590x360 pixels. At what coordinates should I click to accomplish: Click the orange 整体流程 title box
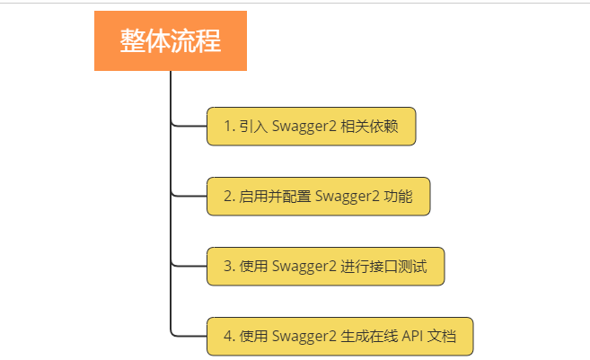[x=170, y=40]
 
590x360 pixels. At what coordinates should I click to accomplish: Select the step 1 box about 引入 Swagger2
[x=312, y=127]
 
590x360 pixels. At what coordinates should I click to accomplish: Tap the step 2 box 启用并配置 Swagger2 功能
[x=319, y=197]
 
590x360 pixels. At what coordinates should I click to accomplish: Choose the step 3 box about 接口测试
[x=325, y=267]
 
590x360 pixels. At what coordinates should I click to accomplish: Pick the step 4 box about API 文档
[x=339, y=337]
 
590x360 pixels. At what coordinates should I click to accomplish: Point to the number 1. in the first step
[x=229, y=127]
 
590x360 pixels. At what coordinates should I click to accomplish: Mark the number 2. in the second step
[x=229, y=197]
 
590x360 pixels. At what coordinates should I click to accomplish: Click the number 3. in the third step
[x=229, y=267]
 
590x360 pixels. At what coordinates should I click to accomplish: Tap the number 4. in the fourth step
[x=229, y=337]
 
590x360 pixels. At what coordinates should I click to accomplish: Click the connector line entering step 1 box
[x=189, y=127]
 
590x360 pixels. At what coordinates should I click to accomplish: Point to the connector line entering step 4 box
[x=189, y=337]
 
